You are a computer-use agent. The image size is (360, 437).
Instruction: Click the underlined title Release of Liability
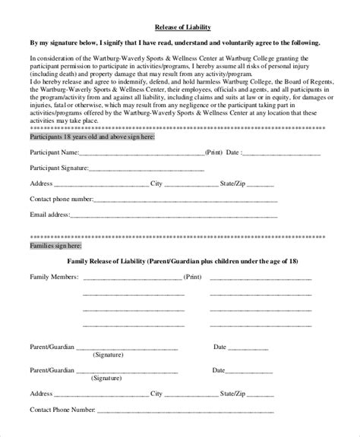pos(179,27)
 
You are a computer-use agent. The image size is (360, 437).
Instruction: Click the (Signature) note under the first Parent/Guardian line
pos(109,355)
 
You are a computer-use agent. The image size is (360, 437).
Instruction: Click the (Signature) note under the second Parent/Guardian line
pos(109,379)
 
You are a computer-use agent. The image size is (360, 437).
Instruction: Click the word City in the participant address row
pos(157,184)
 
